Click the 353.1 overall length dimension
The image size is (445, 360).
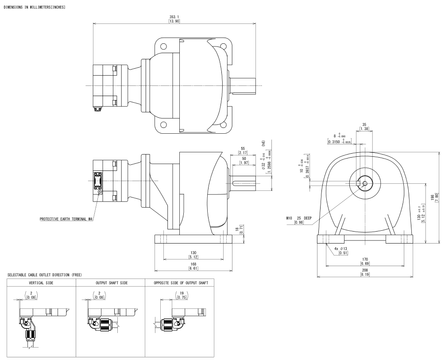(x=174, y=17)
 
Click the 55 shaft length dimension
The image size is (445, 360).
(x=242, y=150)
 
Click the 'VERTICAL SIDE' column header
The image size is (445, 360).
(x=41, y=283)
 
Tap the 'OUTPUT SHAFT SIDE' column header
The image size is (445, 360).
(x=110, y=283)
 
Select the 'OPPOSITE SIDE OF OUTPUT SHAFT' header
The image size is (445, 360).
(x=179, y=283)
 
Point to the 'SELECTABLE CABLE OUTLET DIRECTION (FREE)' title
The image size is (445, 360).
(x=45, y=275)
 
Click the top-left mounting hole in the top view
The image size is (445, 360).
(x=163, y=46)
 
